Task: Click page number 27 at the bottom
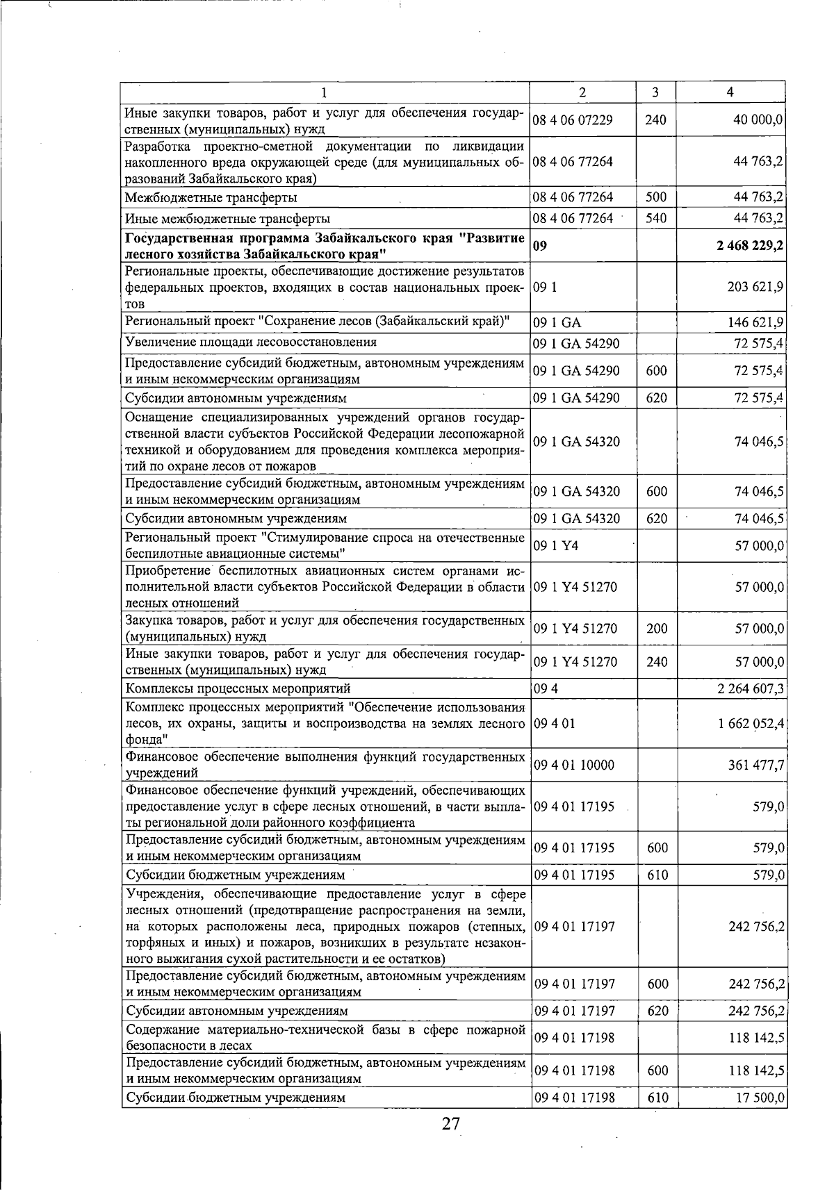click(450, 1123)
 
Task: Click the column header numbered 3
click(655, 92)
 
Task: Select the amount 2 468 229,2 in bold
click(745, 246)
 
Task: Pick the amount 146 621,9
click(753, 322)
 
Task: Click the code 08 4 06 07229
click(573, 120)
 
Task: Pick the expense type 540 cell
click(655, 218)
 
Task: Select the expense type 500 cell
click(655, 197)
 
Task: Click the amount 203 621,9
click(753, 287)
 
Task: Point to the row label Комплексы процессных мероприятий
click(238, 688)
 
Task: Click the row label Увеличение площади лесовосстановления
click(251, 342)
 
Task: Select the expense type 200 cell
click(655, 628)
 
